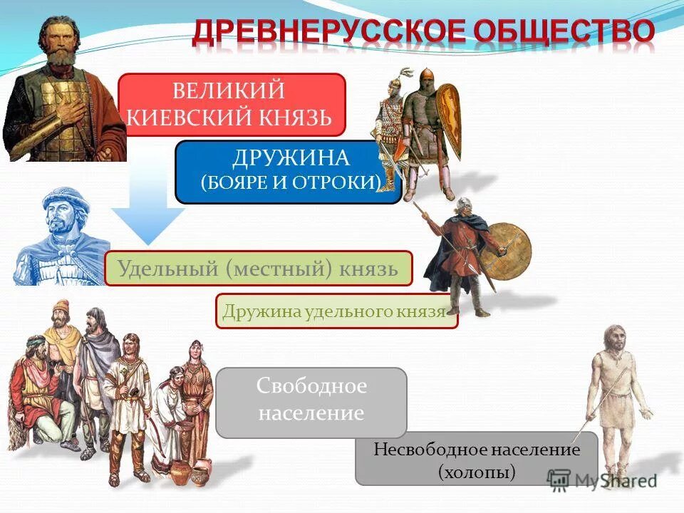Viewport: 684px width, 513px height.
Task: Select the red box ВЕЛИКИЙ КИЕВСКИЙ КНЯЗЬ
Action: (232, 104)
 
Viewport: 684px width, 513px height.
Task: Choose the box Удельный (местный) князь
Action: (258, 269)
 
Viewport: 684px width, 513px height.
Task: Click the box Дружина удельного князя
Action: (336, 311)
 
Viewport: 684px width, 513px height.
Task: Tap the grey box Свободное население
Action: (311, 401)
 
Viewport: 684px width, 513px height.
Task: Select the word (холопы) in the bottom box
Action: (477, 471)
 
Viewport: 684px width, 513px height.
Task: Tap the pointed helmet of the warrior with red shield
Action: (426, 77)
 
